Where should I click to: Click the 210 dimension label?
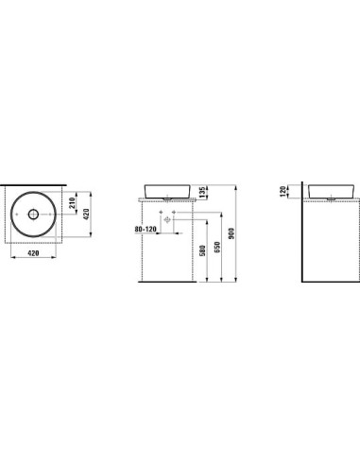[72, 203]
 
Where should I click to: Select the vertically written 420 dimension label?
[86, 214]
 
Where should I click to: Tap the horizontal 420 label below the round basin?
[33, 252]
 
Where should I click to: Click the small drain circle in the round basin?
[33, 215]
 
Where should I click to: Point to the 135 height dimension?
[202, 192]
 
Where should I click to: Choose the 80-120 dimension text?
[146, 229]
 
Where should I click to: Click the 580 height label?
[202, 250]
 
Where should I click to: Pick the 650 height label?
[217, 247]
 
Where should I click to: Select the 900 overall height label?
[231, 233]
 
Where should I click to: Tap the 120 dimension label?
[283, 191]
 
